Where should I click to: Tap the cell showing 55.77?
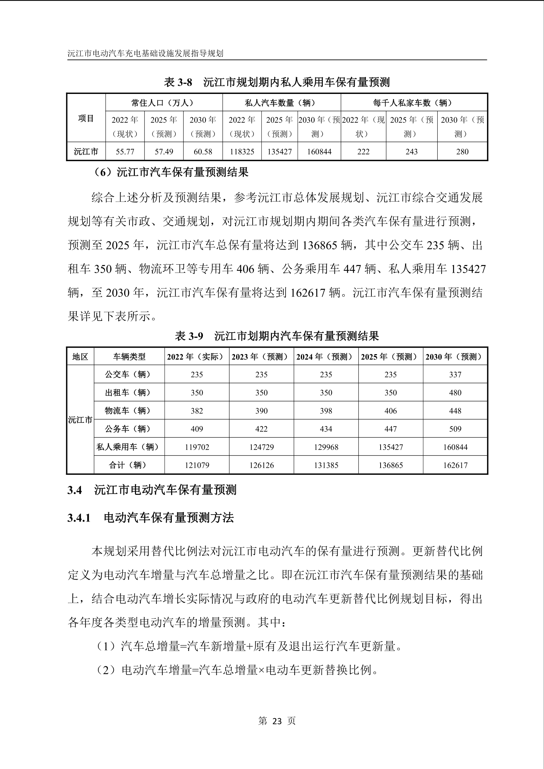pos(125,152)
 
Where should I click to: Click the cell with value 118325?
pos(242,152)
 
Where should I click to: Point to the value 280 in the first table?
pos(462,152)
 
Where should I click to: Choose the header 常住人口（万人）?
pos(164,103)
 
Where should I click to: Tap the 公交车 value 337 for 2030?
pos(455,375)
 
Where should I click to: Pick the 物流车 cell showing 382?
pos(197,411)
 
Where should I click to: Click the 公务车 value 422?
pos(261,429)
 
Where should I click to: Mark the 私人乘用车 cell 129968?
pos(326,447)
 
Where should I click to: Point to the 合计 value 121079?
pos(197,465)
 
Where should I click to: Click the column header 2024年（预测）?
pos(326,357)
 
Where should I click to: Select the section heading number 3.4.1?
pos(79,518)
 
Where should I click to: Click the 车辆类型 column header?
pos(129,357)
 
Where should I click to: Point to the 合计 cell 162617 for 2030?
pos(455,465)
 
